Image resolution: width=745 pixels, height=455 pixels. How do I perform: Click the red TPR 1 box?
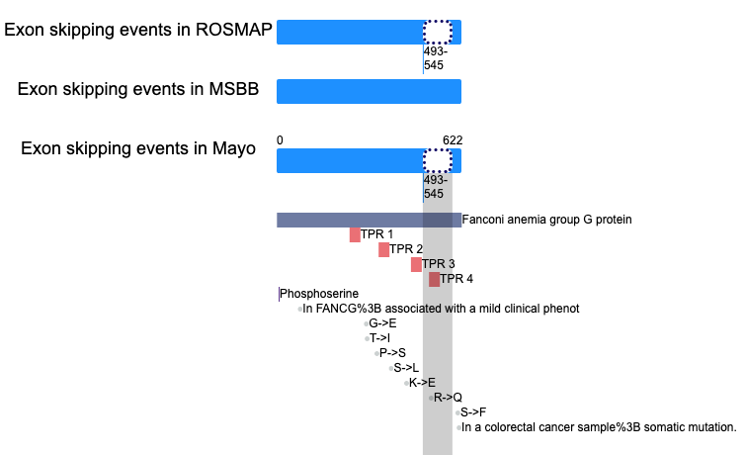click(x=355, y=234)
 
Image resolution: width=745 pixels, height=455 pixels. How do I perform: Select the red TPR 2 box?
click(x=384, y=249)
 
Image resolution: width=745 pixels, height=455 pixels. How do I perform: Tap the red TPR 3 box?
click(x=416, y=264)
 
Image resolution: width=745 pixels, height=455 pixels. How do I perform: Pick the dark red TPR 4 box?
click(x=435, y=279)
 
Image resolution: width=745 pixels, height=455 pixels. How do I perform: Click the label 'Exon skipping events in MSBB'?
click(x=138, y=89)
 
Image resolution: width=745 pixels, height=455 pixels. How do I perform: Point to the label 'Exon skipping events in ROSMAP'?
click(x=138, y=30)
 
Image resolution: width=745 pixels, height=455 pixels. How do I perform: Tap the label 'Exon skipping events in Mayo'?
click(x=138, y=148)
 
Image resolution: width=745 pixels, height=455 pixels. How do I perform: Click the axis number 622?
click(x=453, y=140)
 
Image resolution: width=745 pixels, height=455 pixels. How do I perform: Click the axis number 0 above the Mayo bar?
click(x=280, y=140)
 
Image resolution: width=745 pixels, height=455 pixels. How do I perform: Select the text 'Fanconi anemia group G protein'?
click(x=546, y=220)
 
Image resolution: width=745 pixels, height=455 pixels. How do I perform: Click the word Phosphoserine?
click(x=319, y=294)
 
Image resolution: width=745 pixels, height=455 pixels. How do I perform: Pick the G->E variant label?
click(x=382, y=323)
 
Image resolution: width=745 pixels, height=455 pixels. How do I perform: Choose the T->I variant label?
click(x=379, y=338)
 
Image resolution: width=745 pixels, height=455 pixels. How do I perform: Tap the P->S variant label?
click(x=392, y=353)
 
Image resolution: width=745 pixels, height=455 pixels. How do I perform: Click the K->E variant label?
click(x=422, y=383)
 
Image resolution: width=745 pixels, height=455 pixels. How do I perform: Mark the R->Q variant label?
click(x=448, y=398)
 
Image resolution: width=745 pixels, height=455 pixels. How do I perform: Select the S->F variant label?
click(x=473, y=412)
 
